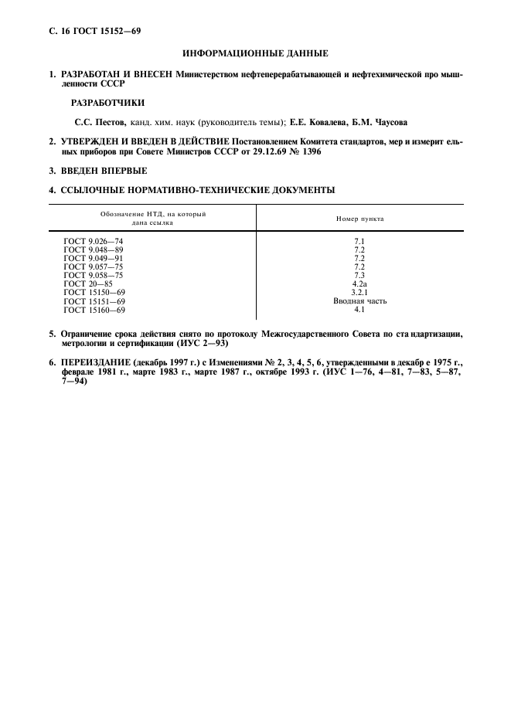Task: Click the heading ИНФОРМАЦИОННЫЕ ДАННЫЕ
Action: click(255, 54)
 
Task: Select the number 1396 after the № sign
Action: click(308, 151)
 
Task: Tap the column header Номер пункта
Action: click(359, 219)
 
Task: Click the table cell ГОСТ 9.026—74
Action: click(94, 242)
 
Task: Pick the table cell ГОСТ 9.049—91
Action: click(94, 258)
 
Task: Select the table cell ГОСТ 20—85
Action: click(88, 283)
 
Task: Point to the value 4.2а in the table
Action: click(359, 283)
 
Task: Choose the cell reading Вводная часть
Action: click(359, 300)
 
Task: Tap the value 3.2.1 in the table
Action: click(359, 292)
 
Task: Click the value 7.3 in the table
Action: click(359, 275)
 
